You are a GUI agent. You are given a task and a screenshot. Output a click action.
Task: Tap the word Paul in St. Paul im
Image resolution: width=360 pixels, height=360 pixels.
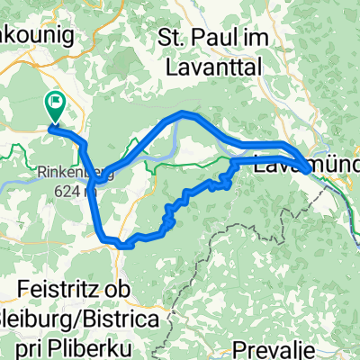click(x=210, y=39)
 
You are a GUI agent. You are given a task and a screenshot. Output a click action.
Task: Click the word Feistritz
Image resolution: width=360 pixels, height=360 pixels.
click(x=58, y=291)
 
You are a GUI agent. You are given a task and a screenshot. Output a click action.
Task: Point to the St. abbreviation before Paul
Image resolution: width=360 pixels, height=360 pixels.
click(x=171, y=39)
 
